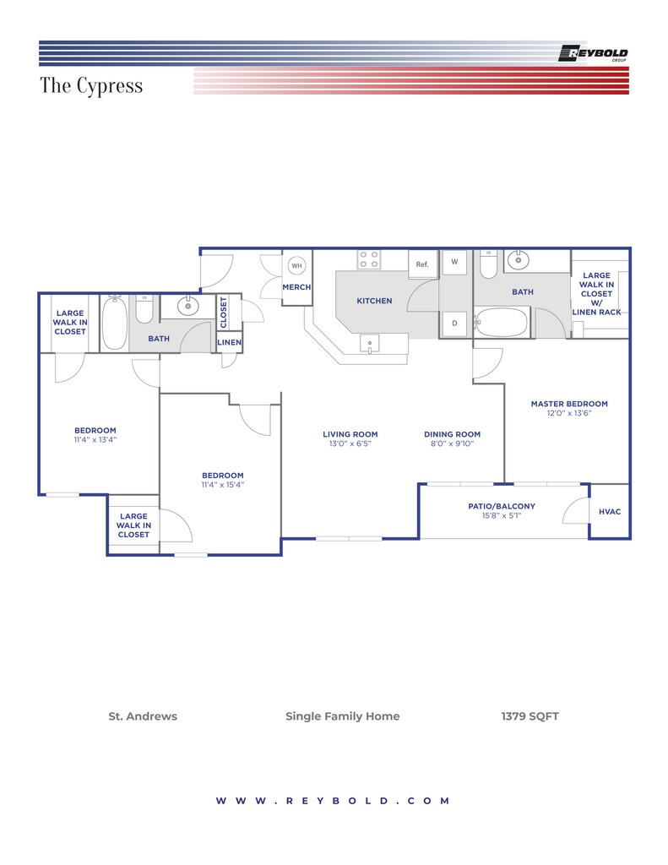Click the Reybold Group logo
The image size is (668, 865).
(x=593, y=53)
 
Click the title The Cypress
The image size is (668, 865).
(x=91, y=85)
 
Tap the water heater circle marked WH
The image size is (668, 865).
(x=296, y=265)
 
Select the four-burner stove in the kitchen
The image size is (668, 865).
(x=368, y=259)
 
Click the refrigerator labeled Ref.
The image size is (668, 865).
(x=422, y=264)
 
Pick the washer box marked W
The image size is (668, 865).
(x=454, y=262)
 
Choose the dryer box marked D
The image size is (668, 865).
(x=454, y=324)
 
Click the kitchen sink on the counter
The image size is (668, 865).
(x=370, y=343)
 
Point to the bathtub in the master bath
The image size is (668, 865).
(x=501, y=322)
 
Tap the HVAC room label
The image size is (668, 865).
(x=610, y=511)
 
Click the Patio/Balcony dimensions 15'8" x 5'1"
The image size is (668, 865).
(x=502, y=516)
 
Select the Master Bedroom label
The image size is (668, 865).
(x=569, y=404)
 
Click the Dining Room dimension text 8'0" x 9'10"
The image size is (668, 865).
(x=453, y=443)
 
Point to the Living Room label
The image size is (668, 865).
(x=350, y=434)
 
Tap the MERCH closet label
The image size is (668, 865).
(x=296, y=287)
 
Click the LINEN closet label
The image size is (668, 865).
(x=229, y=342)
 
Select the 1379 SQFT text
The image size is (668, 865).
(x=530, y=716)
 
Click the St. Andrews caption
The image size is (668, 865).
(x=143, y=716)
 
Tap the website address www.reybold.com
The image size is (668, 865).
(x=334, y=801)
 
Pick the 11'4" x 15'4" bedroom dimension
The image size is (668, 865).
(x=223, y=485)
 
